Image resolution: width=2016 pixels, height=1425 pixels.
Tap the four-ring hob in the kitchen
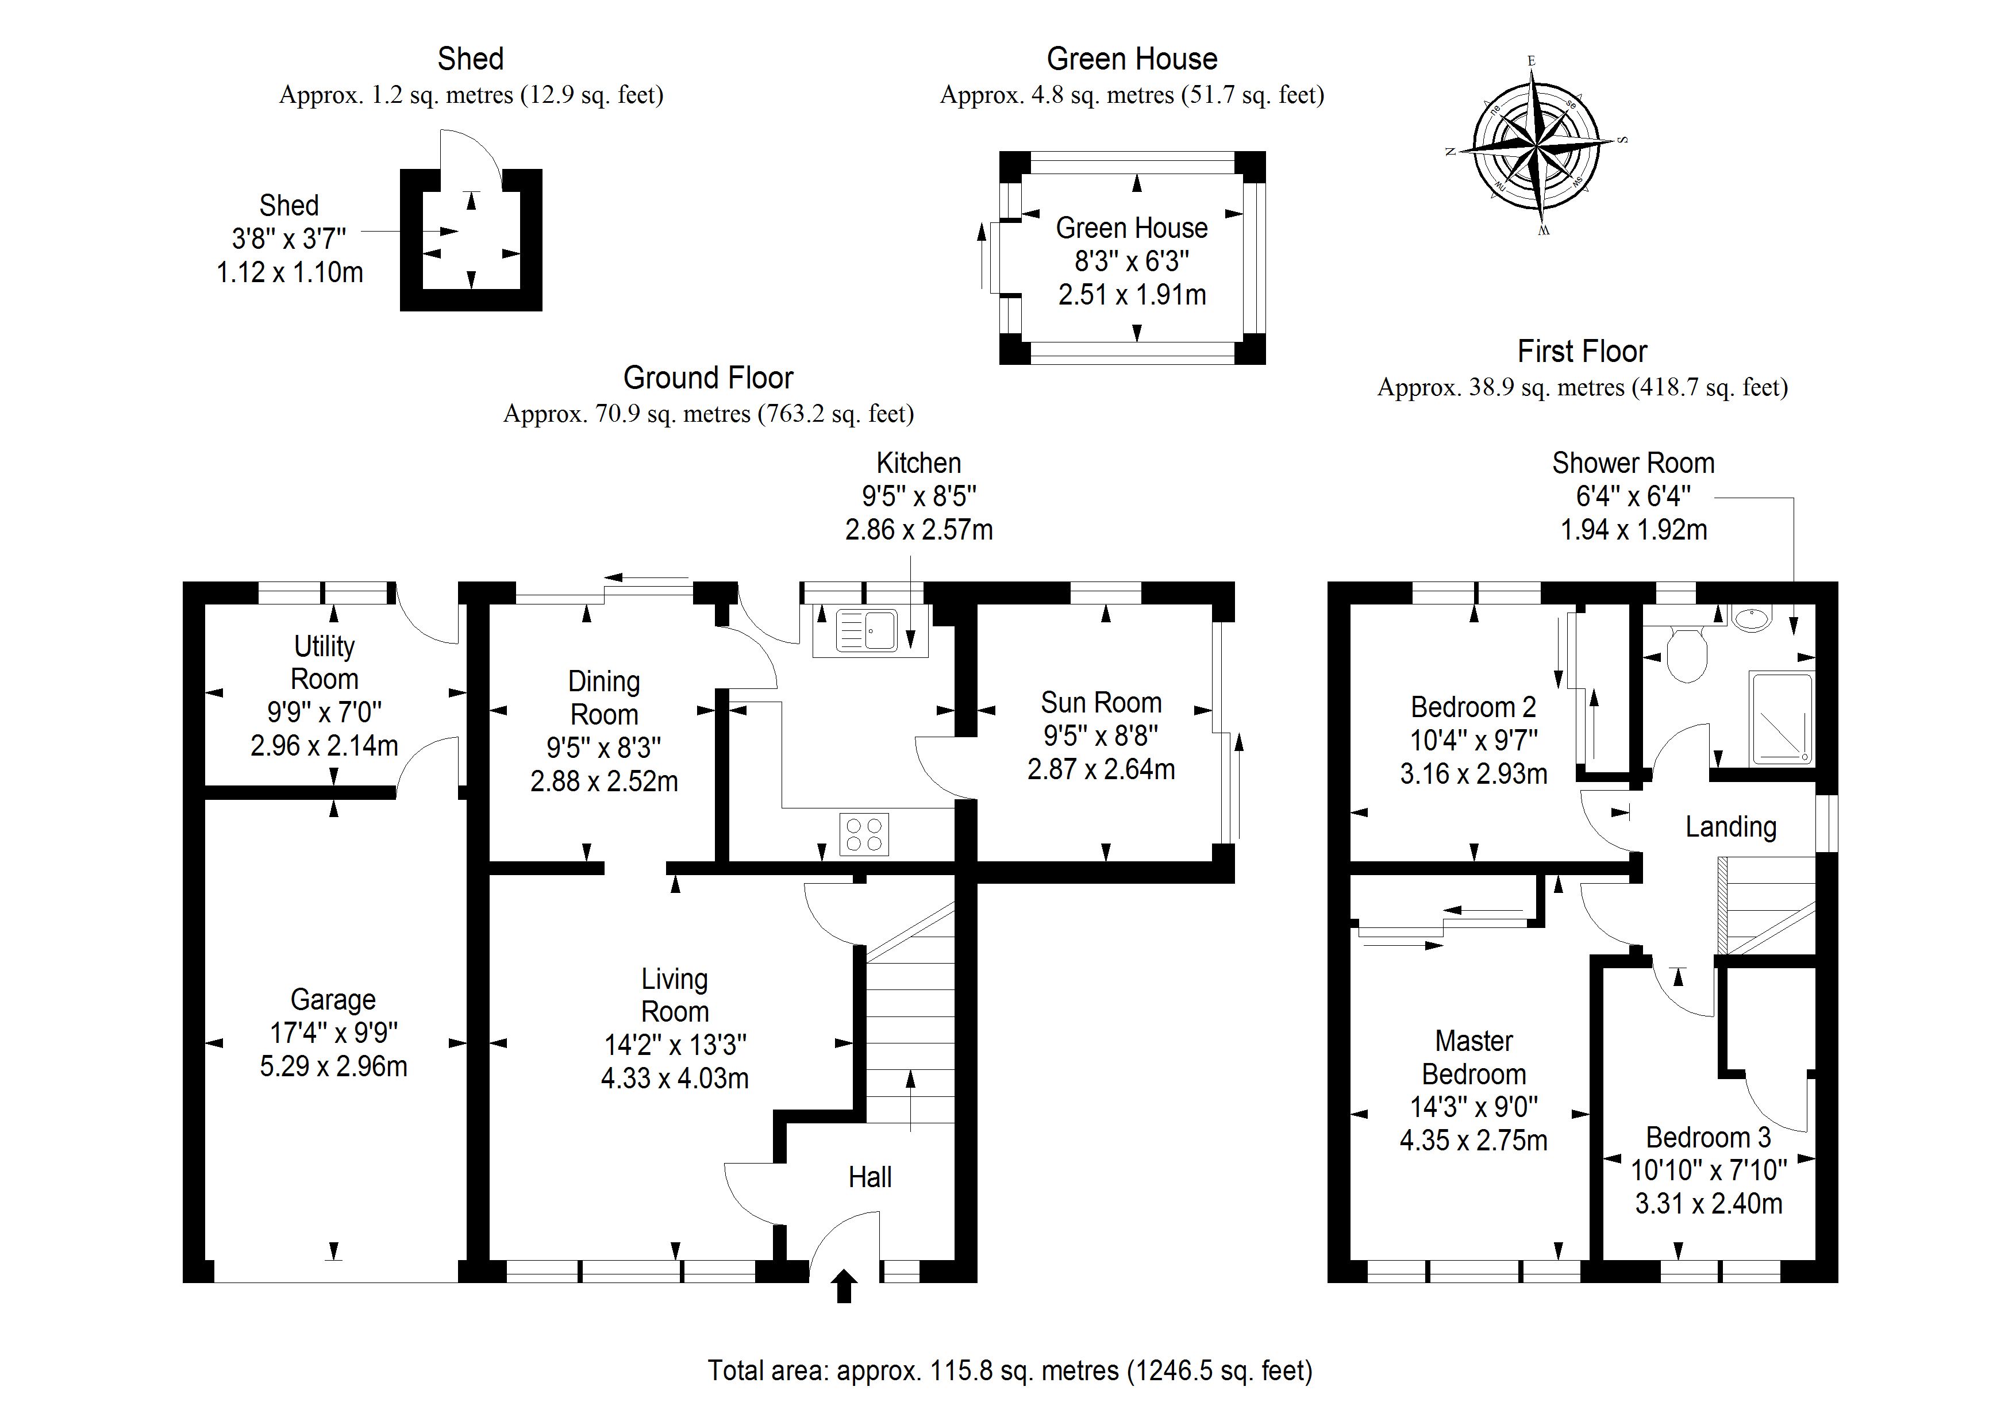pyautogui.click(x=864, y=834)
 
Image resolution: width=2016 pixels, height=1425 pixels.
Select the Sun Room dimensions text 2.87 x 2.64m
pyautogui.click(x=1101, y=769)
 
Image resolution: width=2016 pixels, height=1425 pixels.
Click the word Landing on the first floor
pyautogui.click(x=1730, y=826)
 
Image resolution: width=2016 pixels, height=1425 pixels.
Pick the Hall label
pyautogui.click(x=870, y=1177)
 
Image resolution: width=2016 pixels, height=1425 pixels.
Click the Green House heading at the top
pyautogui.click(x=1132, y=59)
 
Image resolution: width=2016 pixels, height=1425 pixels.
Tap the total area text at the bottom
pyautogui.click(x=1010, y=1370)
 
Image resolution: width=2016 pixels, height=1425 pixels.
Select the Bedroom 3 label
pyautogui.click(x=1708, y=1137)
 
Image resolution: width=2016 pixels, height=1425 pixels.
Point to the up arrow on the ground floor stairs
pyautogui.click(x=910, y=1097)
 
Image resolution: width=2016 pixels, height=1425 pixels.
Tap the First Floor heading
pyautogui.click(x=1582, y=351)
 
